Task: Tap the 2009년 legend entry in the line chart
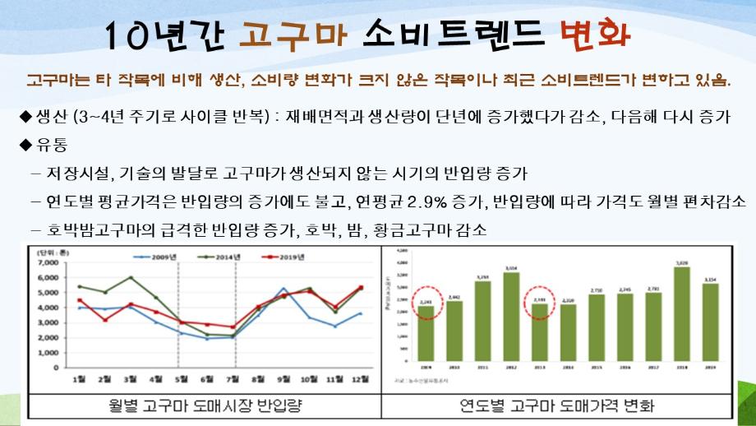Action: pyautogui.click(x=158, y=257)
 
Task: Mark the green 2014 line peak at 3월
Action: pyautogui.click(x=130, y=277)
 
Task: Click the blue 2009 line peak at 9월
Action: pyautogui.click(x=283, y=289)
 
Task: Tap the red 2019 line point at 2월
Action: pyautogui.click(x=104, y=319)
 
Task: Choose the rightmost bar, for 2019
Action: pyautogui.click(x=710, y=326)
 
